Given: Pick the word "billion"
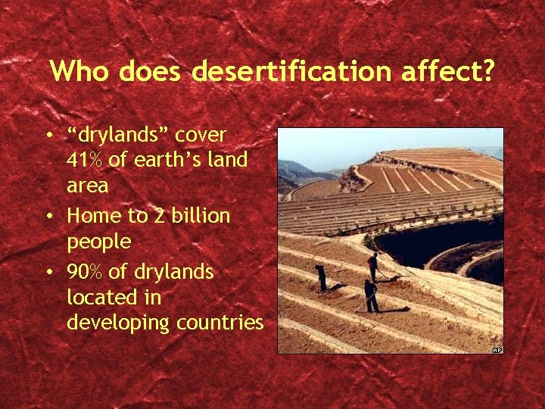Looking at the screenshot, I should point(199,216).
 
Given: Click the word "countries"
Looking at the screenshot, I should point(220,323).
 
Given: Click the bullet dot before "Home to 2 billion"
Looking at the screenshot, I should point(49,217).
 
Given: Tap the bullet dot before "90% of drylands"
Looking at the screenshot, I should point(49,272).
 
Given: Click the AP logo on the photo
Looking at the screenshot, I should point(497,349).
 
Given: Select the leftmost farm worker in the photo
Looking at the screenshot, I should point(321,278).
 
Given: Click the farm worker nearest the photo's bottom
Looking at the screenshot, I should point(370,296).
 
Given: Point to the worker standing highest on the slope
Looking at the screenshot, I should point(373,267).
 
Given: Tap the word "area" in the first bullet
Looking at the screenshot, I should point(87,186).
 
